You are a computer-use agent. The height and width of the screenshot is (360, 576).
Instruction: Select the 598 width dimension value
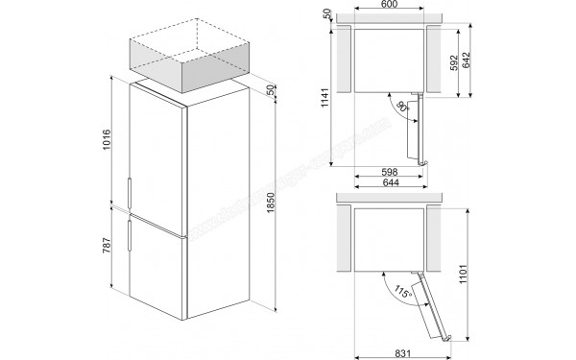tap(389, 172)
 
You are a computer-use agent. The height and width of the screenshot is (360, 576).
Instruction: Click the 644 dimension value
tap(389, 184)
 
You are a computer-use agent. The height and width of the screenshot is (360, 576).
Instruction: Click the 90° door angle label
tap(399, 108)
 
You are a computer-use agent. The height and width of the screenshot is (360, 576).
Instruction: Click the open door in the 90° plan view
tap(416, 129)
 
